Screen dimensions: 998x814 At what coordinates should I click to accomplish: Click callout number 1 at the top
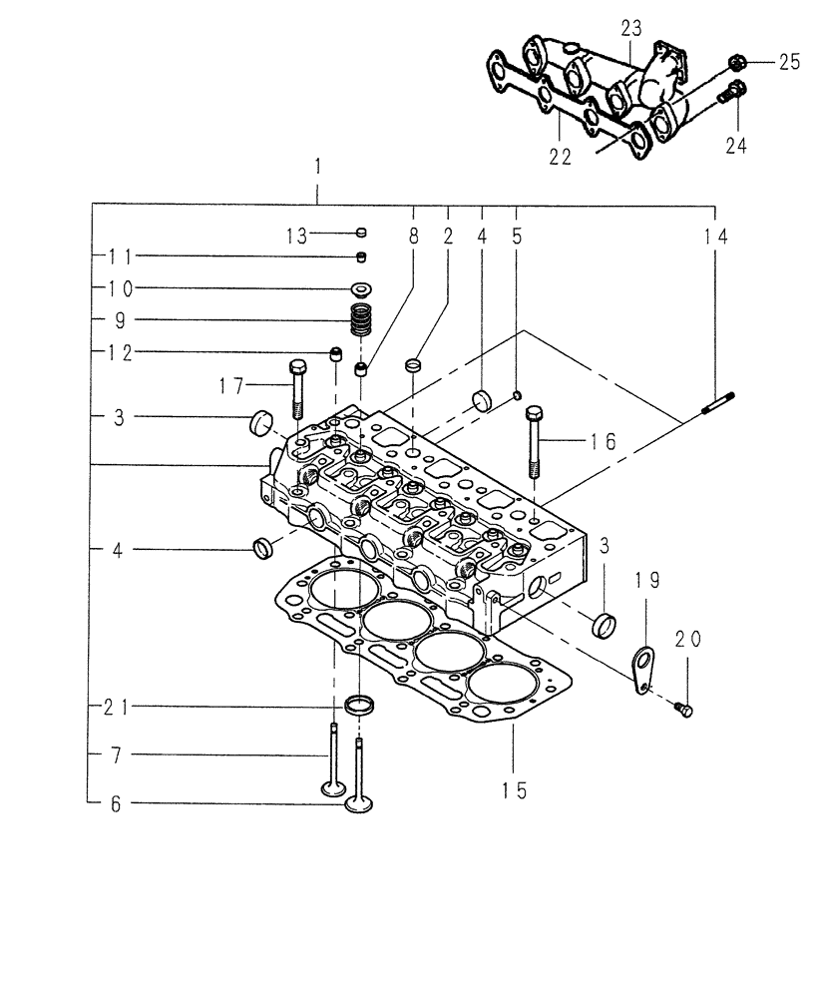(x=316, y=166)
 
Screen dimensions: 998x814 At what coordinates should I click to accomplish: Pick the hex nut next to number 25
(x=738, y=63)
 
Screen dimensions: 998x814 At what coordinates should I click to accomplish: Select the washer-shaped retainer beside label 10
(x=359, y=289)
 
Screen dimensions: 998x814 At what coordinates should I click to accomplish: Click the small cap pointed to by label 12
(x=337, y=352)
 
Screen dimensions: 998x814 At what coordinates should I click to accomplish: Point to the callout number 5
(x=516, y=237)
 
